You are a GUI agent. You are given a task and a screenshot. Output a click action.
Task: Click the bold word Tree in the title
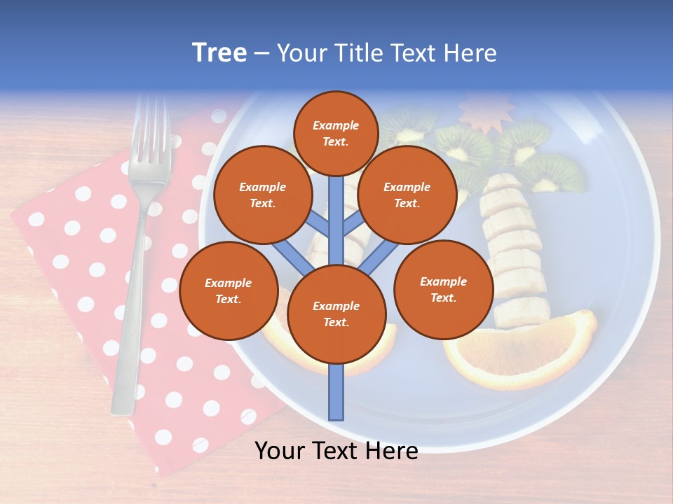pos(219,53)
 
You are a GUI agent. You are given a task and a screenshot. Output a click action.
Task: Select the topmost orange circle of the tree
pos(336,133)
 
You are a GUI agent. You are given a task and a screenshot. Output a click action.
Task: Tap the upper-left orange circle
pos(262,195)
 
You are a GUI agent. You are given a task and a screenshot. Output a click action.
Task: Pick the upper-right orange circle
pos(407,195)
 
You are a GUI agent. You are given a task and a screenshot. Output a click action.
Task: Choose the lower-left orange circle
pos(228,290)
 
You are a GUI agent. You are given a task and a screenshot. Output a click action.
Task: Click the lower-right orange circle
pos(443,289)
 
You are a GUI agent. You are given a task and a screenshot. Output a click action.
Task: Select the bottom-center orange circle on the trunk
pos(336,314)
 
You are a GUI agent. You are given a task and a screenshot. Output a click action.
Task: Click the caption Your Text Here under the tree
pos(336,451)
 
